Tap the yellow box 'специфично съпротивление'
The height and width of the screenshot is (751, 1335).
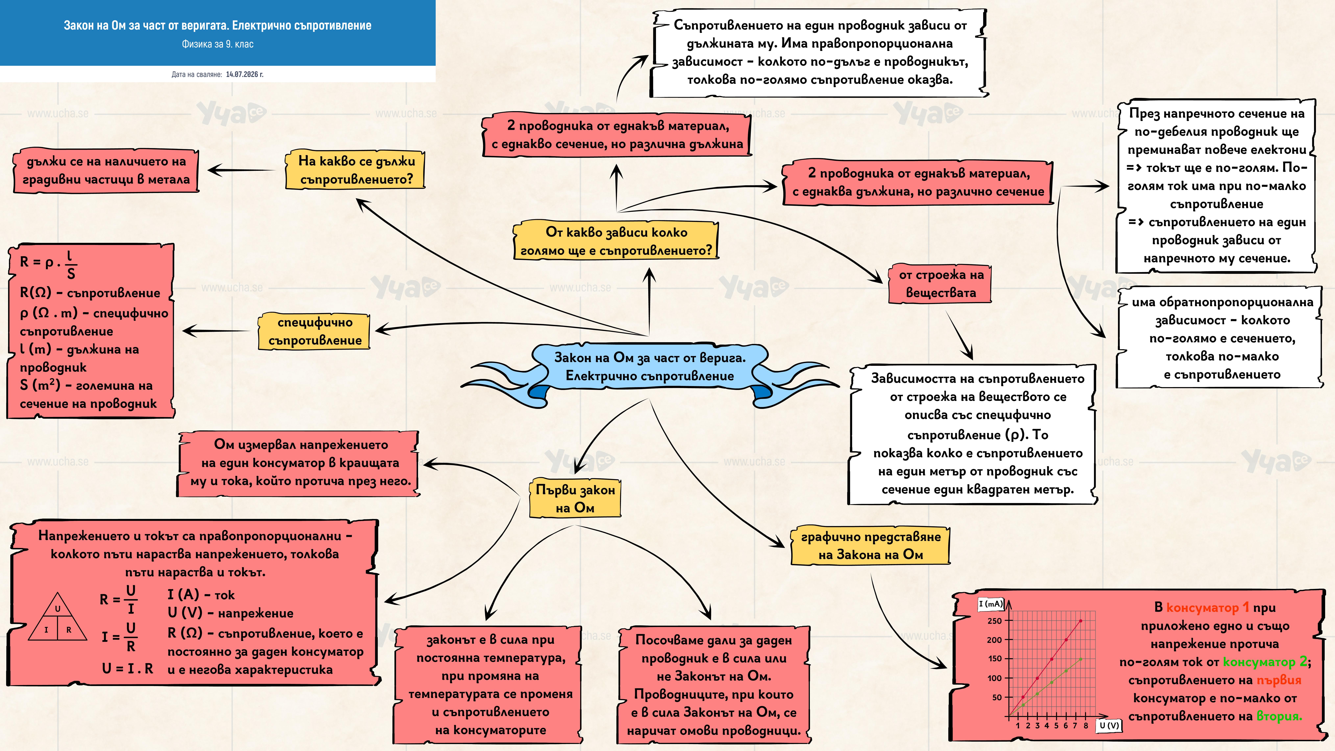(315, 331)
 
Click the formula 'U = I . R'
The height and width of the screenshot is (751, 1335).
(127, 669)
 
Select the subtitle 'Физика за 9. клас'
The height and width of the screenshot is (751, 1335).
(218, 44)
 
